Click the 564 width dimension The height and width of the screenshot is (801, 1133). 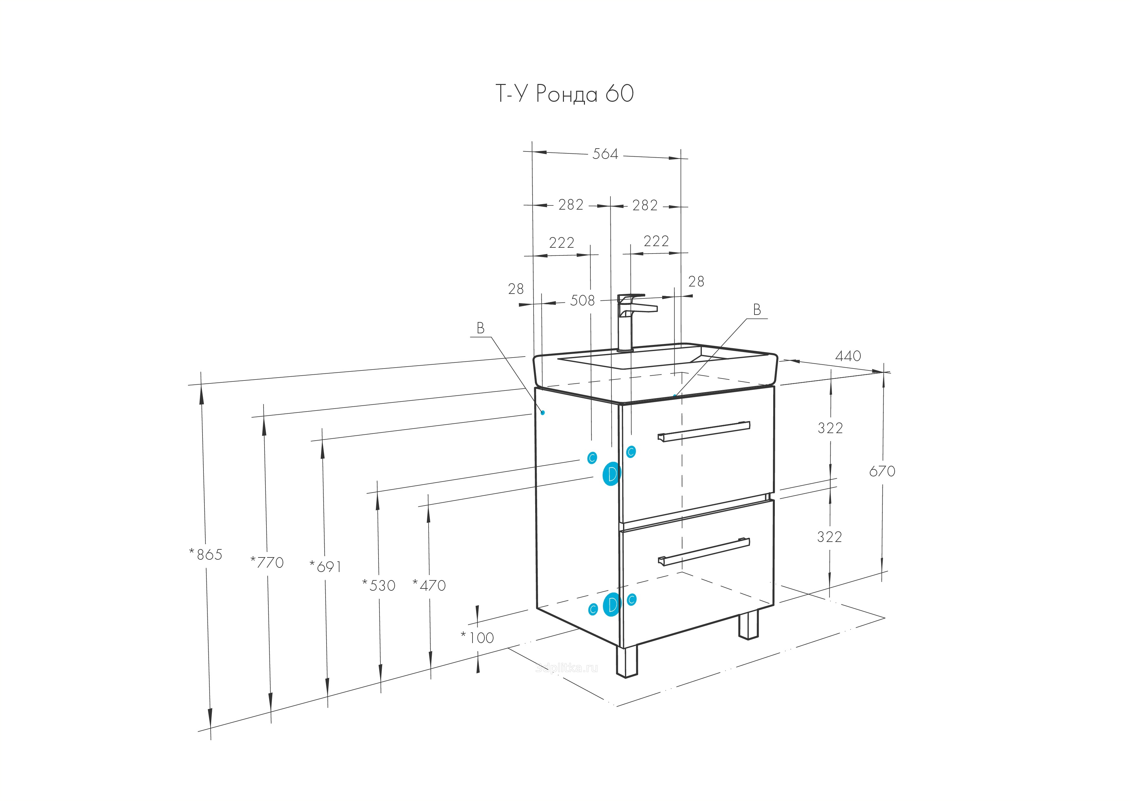(605, 154)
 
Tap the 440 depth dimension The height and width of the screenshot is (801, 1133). (848, 356)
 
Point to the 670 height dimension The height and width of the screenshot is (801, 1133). (882, 471)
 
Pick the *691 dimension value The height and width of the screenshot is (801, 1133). (326, 567)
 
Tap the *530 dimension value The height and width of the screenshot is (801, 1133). (379, 586)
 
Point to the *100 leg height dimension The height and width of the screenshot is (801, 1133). (478, 638)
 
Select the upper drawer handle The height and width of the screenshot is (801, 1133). (704, 431)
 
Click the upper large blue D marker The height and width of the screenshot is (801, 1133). (611, 474)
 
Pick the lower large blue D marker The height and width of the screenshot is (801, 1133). (611, 605)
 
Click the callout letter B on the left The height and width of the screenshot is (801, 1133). (480, 328)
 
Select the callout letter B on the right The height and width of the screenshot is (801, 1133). (756, 310)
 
